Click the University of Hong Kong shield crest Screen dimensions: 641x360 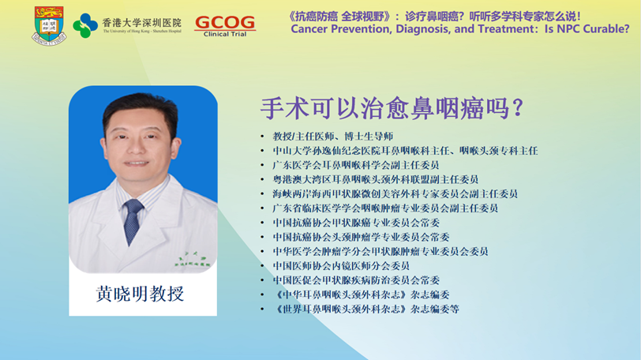point(49,25)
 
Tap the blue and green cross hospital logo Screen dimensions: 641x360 point(85,26)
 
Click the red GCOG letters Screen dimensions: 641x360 point(225,23)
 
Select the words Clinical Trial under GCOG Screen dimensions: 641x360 point(225,34)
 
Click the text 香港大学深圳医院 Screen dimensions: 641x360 point(141,22)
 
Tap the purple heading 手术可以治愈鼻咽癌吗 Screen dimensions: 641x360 point(386,109)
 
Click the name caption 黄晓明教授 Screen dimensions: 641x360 point(140,294)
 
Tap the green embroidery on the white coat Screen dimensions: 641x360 point(191,261)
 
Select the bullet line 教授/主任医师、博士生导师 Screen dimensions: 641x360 point(333,137)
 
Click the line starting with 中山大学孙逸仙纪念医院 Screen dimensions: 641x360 point(405,151)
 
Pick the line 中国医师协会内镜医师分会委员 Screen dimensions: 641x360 point(341,266)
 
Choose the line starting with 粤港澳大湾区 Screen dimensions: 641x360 point(375,179)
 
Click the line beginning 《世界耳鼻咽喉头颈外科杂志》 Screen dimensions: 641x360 point(365,309)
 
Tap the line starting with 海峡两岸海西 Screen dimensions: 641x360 point(395,193)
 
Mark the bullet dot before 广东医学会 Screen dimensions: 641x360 point(262,165)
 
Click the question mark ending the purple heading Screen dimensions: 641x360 point(518,108)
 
